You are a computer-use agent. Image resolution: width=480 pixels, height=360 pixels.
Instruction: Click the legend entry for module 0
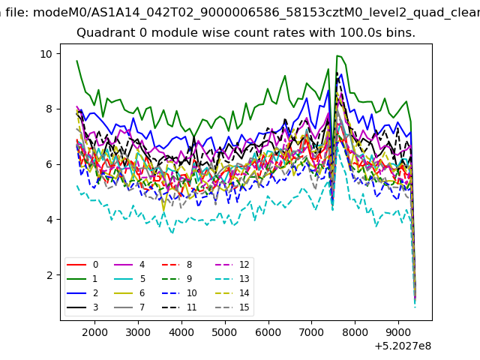click(x=82, y=265)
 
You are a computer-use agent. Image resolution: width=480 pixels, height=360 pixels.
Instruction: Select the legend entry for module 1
click(x=82, y=278)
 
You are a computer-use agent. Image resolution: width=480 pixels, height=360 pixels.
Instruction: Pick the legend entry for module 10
click(x=179, y=293)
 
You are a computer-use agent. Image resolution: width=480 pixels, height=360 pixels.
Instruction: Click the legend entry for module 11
click(x=179, y=307)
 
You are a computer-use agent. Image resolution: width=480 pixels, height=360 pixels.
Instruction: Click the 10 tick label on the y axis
click(x=46, y=54)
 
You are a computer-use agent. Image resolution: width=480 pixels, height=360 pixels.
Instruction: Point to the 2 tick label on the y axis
click(x=49, y=275)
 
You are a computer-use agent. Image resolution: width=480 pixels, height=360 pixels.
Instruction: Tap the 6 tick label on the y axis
click(x=49, y=164)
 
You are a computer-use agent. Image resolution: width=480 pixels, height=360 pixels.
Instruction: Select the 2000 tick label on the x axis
click(x=94, y=332)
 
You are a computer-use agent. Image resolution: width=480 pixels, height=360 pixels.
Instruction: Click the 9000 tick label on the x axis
click(x=398, y=332)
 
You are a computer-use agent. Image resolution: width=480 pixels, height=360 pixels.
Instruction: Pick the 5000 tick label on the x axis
click(x=225, y=332)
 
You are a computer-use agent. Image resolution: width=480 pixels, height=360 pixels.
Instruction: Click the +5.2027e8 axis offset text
click(x=403, y=346)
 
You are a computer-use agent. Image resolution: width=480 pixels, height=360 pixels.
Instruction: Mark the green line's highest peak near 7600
click(x=337, y=55)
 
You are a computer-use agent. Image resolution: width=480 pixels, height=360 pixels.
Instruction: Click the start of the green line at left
click(x=76, y=61)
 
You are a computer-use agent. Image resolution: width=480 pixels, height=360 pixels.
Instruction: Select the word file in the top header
click(x=16, y=13)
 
